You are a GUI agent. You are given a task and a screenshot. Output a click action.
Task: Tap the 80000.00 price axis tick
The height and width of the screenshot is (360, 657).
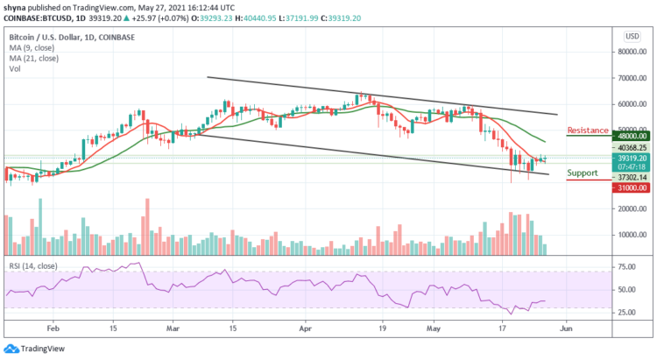point(631,52)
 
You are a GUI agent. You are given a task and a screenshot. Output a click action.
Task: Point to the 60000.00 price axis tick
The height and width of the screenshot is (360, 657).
point(631,103)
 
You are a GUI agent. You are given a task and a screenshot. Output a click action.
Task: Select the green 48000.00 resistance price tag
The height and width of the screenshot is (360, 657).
point(631,137)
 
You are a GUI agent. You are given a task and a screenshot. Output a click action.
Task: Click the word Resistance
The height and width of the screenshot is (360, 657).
point(588,131)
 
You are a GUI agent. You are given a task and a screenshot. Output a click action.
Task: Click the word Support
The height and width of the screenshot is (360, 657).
point(583,173)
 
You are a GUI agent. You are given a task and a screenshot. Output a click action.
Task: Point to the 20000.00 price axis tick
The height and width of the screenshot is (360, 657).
point(631,209)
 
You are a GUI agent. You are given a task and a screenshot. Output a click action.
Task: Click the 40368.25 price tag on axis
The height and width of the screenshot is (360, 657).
point(631,148)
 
